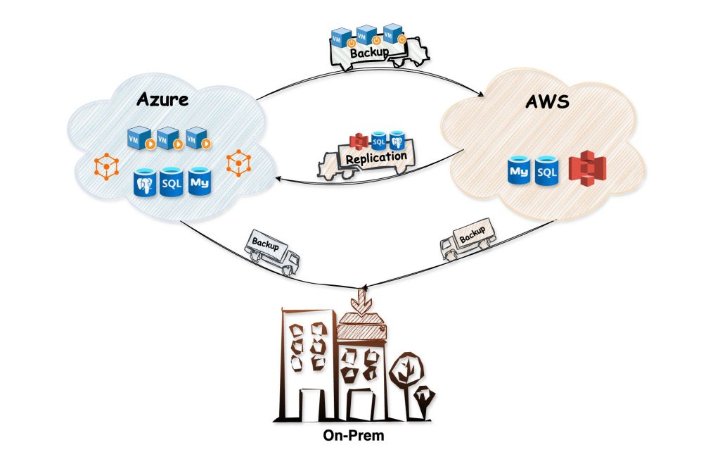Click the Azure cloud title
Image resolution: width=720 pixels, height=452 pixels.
162,99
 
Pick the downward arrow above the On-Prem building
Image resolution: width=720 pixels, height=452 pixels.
360,299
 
